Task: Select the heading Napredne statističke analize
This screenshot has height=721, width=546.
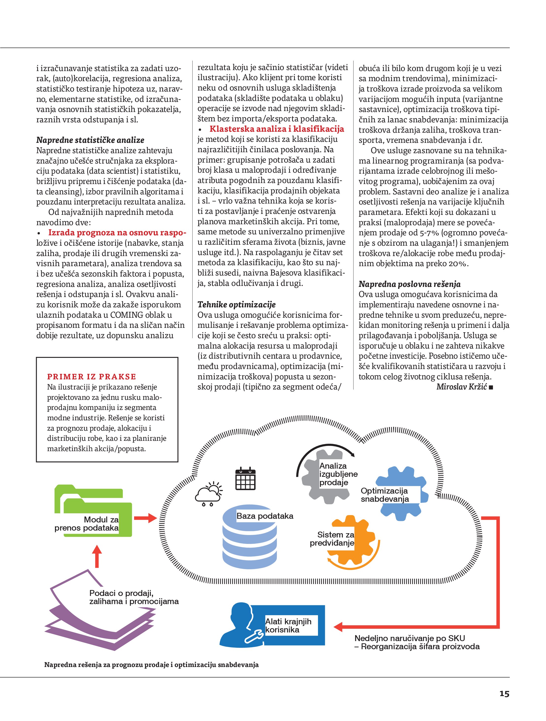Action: [90, 140]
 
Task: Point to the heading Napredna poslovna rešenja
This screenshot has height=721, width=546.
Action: [409, 284]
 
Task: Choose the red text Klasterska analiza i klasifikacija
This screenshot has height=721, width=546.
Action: [277, 129]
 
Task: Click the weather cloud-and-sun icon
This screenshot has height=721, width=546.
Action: [209, 495]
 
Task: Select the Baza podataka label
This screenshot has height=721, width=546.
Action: [264, 516]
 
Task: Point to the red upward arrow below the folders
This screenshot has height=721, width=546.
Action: [97, 556]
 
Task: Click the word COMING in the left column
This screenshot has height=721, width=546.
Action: [127, 315]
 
